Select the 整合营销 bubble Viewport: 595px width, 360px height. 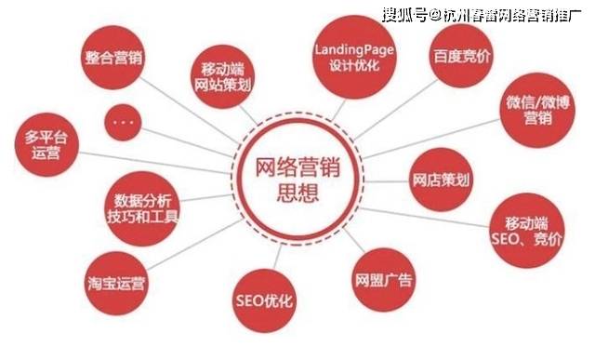coord(113,58)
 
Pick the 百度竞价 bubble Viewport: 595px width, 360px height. coord(462,58)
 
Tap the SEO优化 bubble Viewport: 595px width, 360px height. coord(264,300)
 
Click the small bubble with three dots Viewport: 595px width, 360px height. coord(128,121)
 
